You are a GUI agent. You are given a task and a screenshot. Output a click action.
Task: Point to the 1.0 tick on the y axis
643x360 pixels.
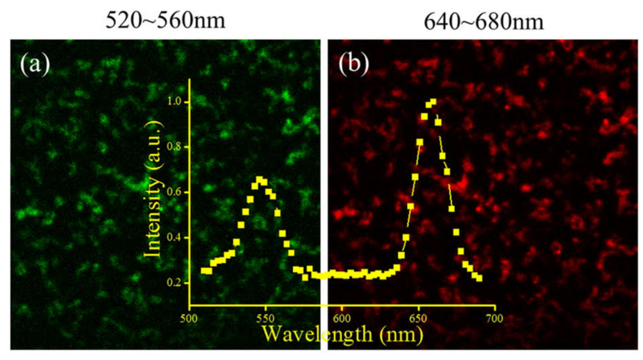pos(173,102)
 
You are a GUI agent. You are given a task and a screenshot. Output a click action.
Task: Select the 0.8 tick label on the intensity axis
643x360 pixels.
pos(173,147)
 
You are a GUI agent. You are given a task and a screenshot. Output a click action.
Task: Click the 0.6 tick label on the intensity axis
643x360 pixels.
pos(173,192)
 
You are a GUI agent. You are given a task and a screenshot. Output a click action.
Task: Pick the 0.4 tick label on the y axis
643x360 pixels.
pos(173,238)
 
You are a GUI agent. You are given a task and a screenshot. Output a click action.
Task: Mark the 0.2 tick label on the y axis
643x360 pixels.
pos(173,283)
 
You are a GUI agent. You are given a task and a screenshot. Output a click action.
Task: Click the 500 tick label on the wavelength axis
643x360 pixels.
pos(189,318)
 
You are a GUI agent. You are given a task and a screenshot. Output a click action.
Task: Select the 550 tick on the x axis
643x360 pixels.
pos(265,318)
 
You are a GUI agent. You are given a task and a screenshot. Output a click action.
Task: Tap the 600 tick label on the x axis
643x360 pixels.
pos(342,318)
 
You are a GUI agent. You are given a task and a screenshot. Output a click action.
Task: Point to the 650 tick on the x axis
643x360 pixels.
pos(418,318)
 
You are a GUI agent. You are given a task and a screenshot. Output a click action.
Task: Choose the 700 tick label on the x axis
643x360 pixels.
pos(494,318)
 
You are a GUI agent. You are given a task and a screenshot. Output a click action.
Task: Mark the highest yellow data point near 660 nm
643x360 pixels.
pos(433,102)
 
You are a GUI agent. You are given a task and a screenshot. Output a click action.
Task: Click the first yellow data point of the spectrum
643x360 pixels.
pos(204,270)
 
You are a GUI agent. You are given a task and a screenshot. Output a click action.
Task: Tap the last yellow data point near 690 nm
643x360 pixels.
pos(479,279)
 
